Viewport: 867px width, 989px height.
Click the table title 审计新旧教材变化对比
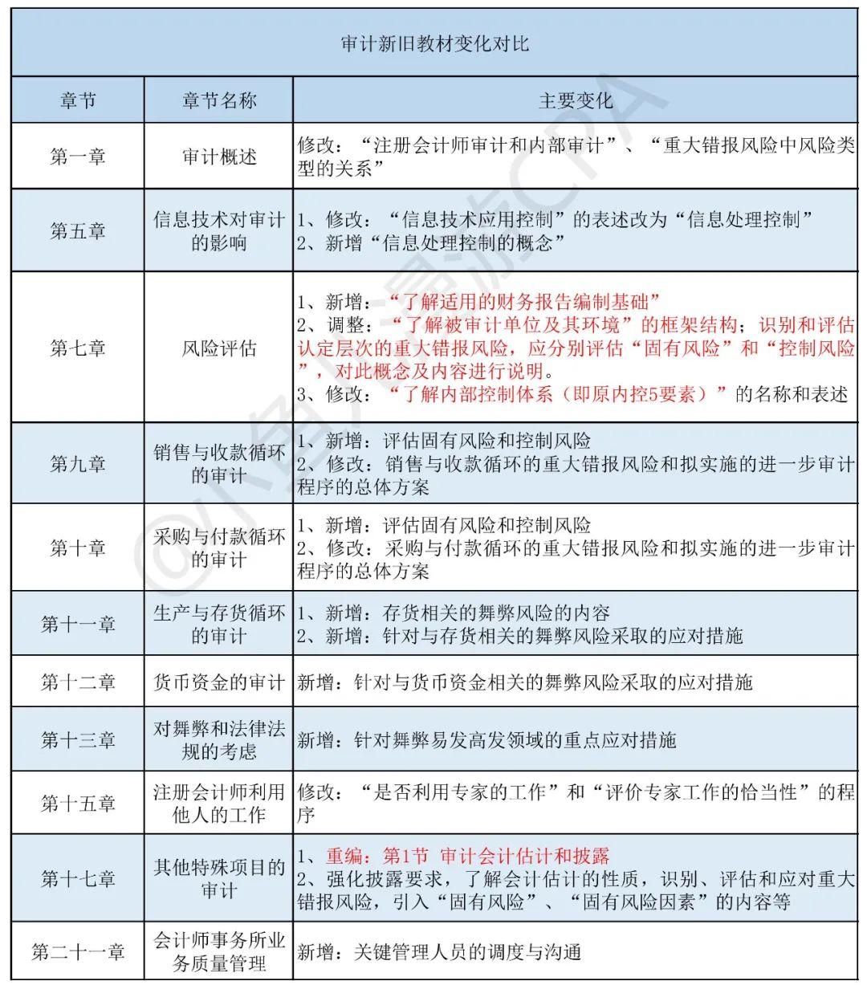pyautogui.click(x=434, y=43)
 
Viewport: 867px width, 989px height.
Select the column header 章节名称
pyautogui.click(x=218, y=100)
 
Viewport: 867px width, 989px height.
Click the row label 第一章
pyautogui.click(x=78, y=156)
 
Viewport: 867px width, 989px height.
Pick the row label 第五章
pyautogui.click(x=78, y=231)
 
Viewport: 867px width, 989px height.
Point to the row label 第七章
pyautogui.click(x=78, y=348)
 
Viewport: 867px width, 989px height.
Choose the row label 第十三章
pyautogui.click(x=78, y=739)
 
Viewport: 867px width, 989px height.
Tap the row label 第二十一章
pyautogui.click(x=78, y=952)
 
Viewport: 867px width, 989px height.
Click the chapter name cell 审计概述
pyautogui.click(x=218, y=156)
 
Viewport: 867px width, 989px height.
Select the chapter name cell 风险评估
pyautogui.click(x=218, y=348)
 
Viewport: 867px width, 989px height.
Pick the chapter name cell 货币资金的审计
pyautogui.click(x=218, y=682)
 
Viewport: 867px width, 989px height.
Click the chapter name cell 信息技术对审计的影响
pyautogui.click(x=218, y=231)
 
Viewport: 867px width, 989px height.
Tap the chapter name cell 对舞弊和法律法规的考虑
pyautogui.click(x=218, y=739)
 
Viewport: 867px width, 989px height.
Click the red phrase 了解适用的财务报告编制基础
pyautogui.click(x=523, y=302)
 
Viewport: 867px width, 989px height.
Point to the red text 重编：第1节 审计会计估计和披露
pyautogui.click(x=468, y=856)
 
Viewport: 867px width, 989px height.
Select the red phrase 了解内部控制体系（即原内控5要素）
pyautogui.click(x=558, y=394)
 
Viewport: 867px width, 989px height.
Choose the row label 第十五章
pyautogui.click(x=78, y=803)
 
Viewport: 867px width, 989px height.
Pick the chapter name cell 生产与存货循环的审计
pyautogui.click(x=218, y=625)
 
